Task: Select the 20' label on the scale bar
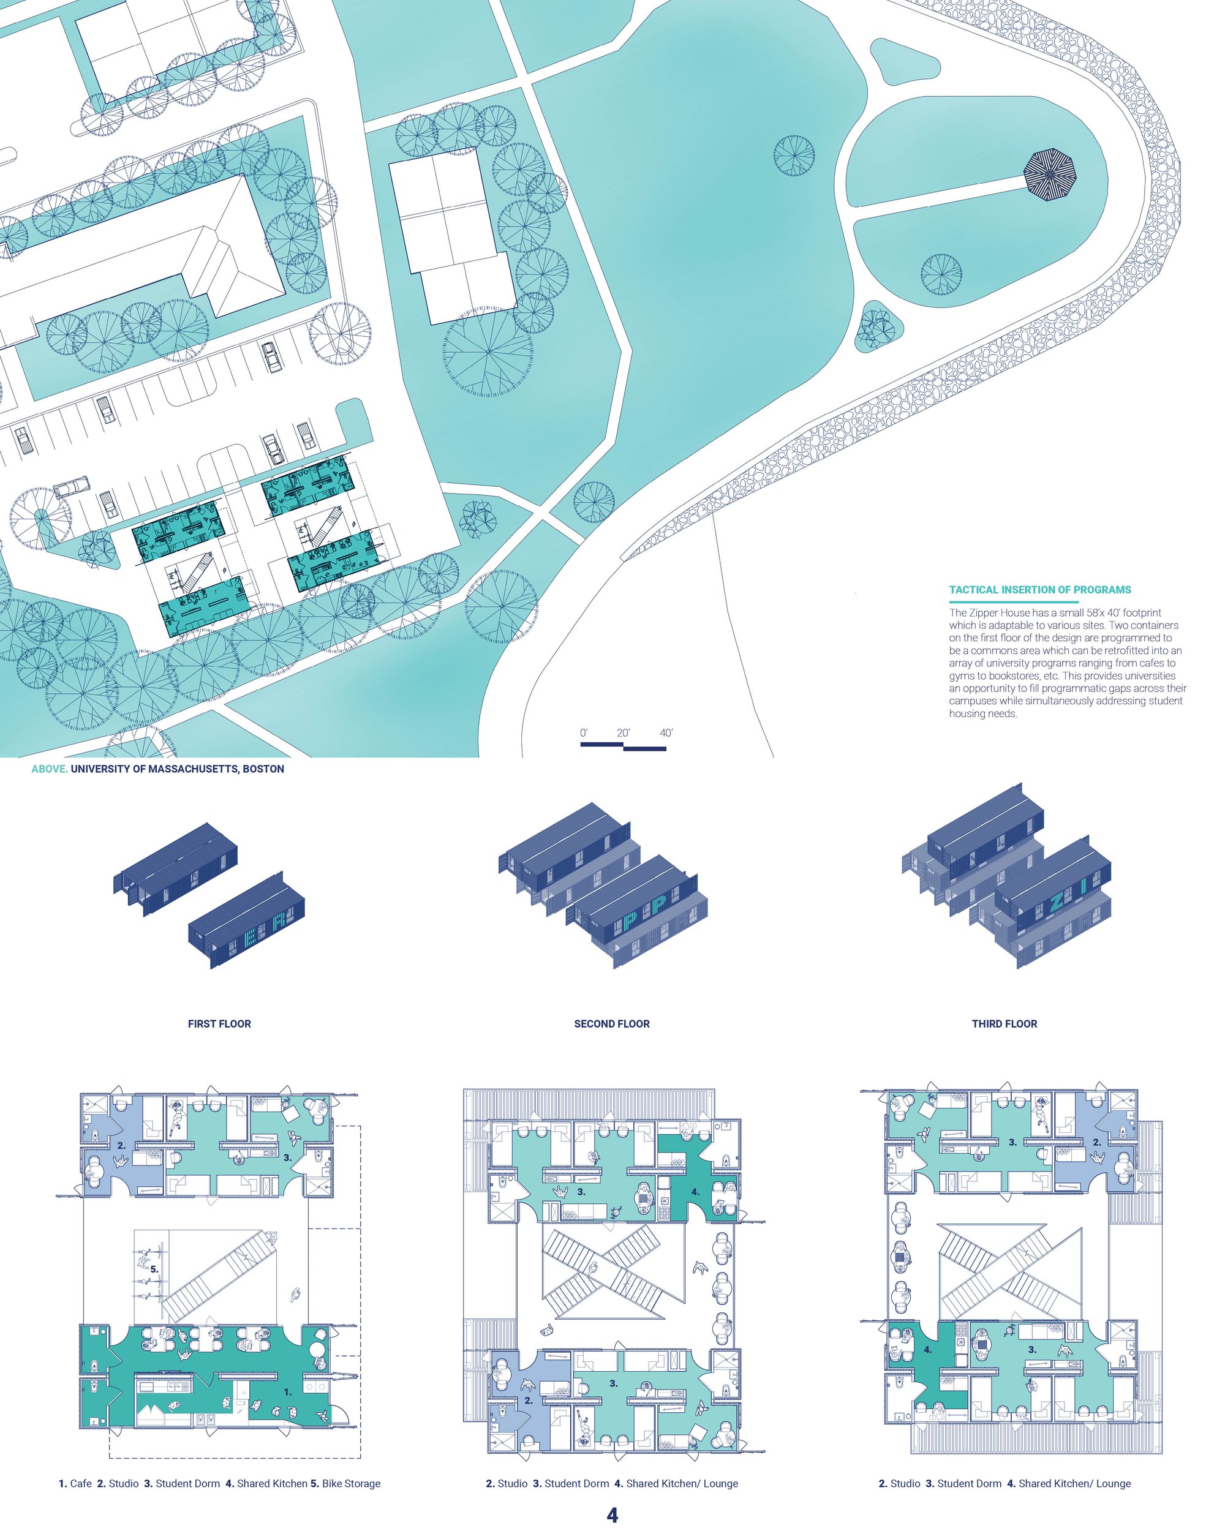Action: (x=623, y=733)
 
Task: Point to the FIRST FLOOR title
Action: (x=219, y=1023)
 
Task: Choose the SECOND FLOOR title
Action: (x=611, y=1023)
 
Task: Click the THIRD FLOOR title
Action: (x=1004, y=1023)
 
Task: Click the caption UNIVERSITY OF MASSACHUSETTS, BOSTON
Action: (x=178, y=769)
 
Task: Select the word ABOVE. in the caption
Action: (x=50, y=769)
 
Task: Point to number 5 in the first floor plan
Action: (x=154, y=1268)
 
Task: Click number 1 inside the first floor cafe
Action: (x=288, y=1412)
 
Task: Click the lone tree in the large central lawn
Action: (x=794, y=155)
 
